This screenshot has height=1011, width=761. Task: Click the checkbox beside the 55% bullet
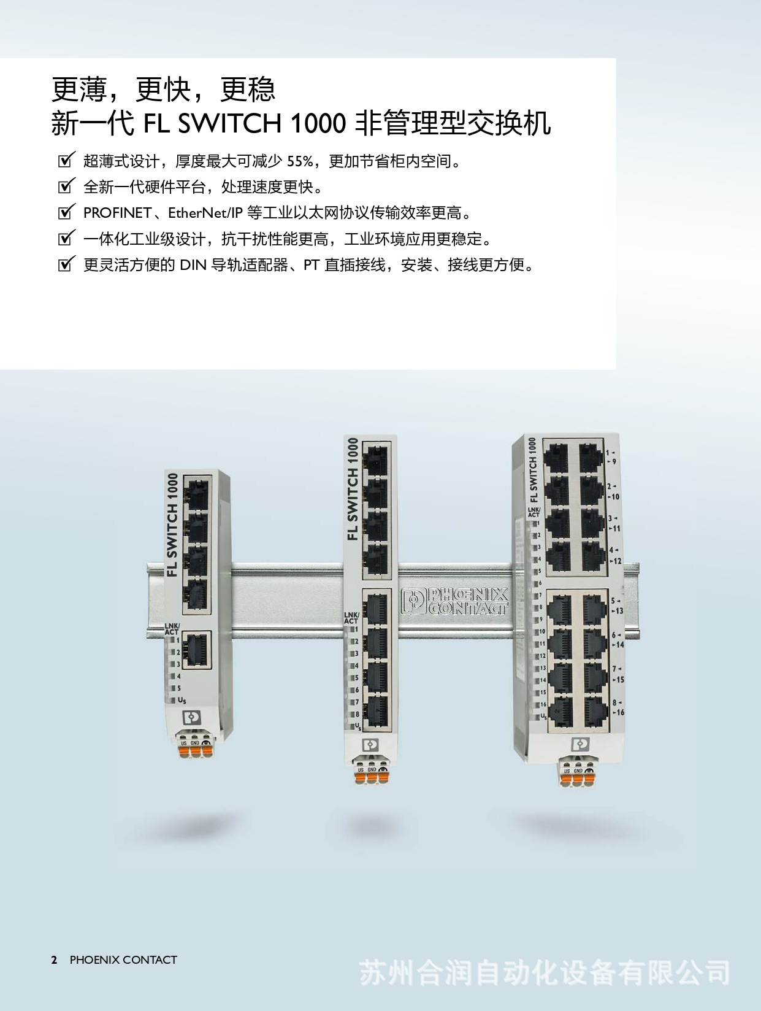point(66,161)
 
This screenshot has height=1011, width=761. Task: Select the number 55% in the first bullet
point(300,161)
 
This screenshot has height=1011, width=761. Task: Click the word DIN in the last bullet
point(193,265)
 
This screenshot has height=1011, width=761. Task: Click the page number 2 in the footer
point(55,960)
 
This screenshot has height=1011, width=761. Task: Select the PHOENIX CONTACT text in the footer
point(123,960)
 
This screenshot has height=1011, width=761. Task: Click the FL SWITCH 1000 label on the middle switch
point(352,489)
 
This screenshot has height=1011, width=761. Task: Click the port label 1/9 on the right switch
point(611,457)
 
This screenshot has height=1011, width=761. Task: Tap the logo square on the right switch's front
point(579,744)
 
